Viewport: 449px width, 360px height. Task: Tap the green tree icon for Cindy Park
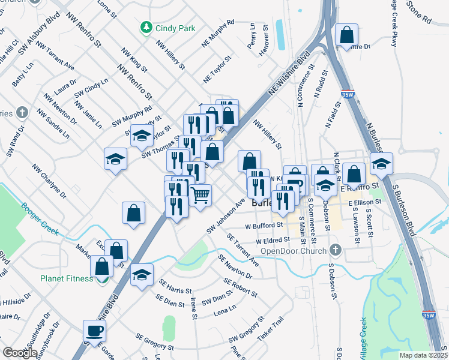tap(145, 28)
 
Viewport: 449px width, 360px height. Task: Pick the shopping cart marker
tap(201, 194)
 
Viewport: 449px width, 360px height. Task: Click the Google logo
tap(20, 353)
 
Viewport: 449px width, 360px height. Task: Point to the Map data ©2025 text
tap(423, 355)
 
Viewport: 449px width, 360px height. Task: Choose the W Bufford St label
tap(264, 226)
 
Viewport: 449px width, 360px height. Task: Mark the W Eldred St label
tap(273, 240)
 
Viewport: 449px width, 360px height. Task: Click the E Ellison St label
tap(366, 203)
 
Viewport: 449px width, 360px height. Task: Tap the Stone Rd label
tap(419, 13)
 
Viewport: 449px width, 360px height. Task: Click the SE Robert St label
tap(241, 289)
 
